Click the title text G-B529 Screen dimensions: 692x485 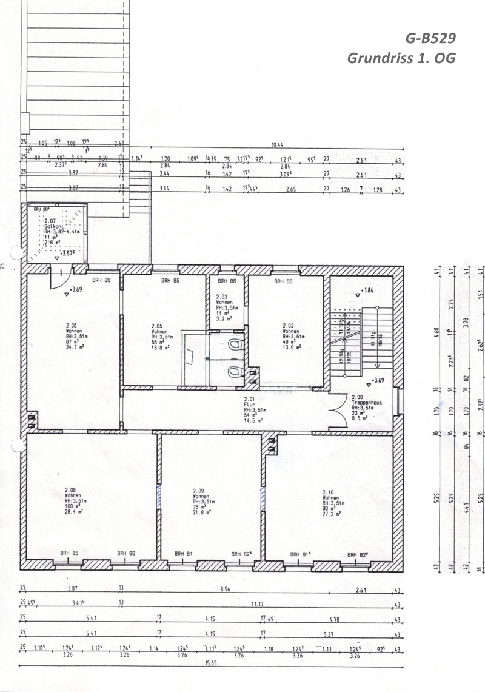pos(430,38)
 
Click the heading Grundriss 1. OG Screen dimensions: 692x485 pos(401,59)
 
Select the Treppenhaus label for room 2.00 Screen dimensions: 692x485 pos(365,403)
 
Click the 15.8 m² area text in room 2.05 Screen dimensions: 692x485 pos(160,348)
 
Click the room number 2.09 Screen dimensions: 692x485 pos(199,491)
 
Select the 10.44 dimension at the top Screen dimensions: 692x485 pos(279,145)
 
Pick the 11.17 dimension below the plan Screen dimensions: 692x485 pos(258,605)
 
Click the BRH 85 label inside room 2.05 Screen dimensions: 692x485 pos(170,281)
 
